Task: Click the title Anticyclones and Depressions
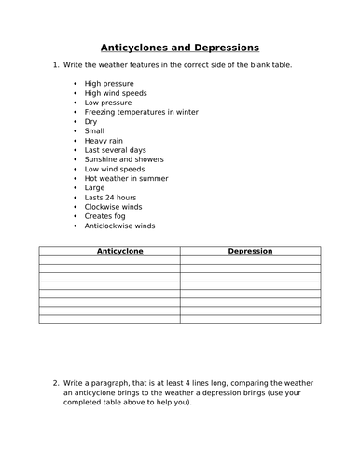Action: [x=179, y=46]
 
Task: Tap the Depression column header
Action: [x=250, y=251]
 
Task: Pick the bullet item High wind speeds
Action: [x=116, y=93]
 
